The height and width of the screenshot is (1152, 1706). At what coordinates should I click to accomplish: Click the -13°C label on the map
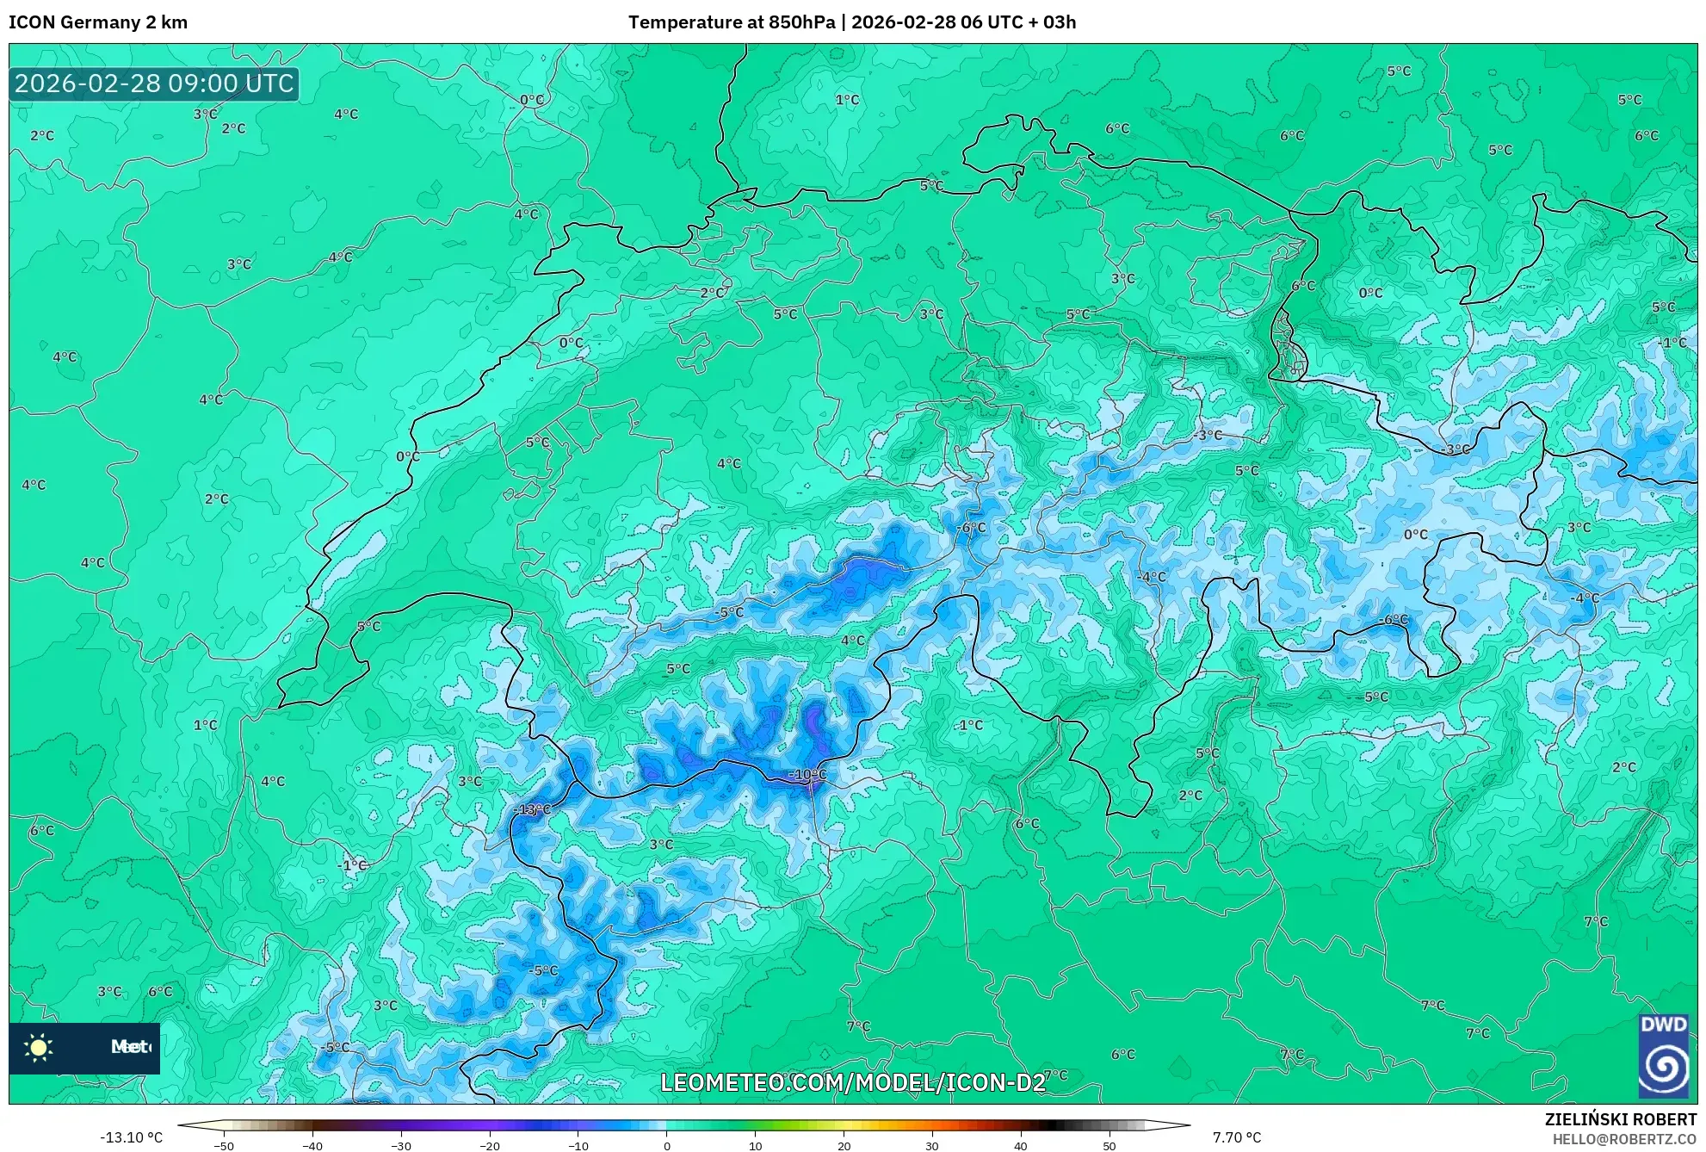(x=532, y=809)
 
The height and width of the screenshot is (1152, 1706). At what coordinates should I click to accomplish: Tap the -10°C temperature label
(x=807, y=775)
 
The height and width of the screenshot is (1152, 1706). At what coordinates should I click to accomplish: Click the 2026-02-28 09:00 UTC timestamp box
(x=154, y=84)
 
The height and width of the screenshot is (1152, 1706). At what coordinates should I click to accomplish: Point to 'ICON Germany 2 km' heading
(x=98, y=22)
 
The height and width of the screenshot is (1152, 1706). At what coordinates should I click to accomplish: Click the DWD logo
(x=1663, y=1056)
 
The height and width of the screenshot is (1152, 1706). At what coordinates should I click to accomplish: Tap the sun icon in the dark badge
(x=39, y=1047)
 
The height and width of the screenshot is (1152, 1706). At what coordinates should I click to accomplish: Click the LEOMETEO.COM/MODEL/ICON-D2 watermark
(x=853, y=1082)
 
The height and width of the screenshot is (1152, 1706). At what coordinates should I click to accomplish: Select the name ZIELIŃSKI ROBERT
(x=1620, y=1119)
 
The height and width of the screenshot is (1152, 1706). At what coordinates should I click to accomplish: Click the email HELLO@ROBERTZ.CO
(x=1624, y=1139)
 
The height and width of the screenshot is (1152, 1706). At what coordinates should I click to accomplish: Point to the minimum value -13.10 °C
(x=131, y=1137)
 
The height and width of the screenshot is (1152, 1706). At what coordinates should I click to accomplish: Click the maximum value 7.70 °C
(x=1237, y=1137)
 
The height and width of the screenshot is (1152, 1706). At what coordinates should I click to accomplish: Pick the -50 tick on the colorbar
(x=224, y=1146)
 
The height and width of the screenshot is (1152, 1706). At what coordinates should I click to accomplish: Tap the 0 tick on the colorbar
(x=666, y=1146)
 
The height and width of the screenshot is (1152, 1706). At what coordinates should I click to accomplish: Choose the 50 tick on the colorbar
(x=1109, y=1146)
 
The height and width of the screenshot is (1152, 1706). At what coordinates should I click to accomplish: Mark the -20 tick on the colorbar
(x=489, y=1146)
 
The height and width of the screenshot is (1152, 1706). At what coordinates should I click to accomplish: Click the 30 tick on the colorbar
(x=932, y=1146)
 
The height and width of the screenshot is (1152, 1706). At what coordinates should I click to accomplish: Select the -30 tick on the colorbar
(x=400, y=1146)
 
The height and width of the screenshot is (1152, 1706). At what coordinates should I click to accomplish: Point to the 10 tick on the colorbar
(x=755, y=1146)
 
